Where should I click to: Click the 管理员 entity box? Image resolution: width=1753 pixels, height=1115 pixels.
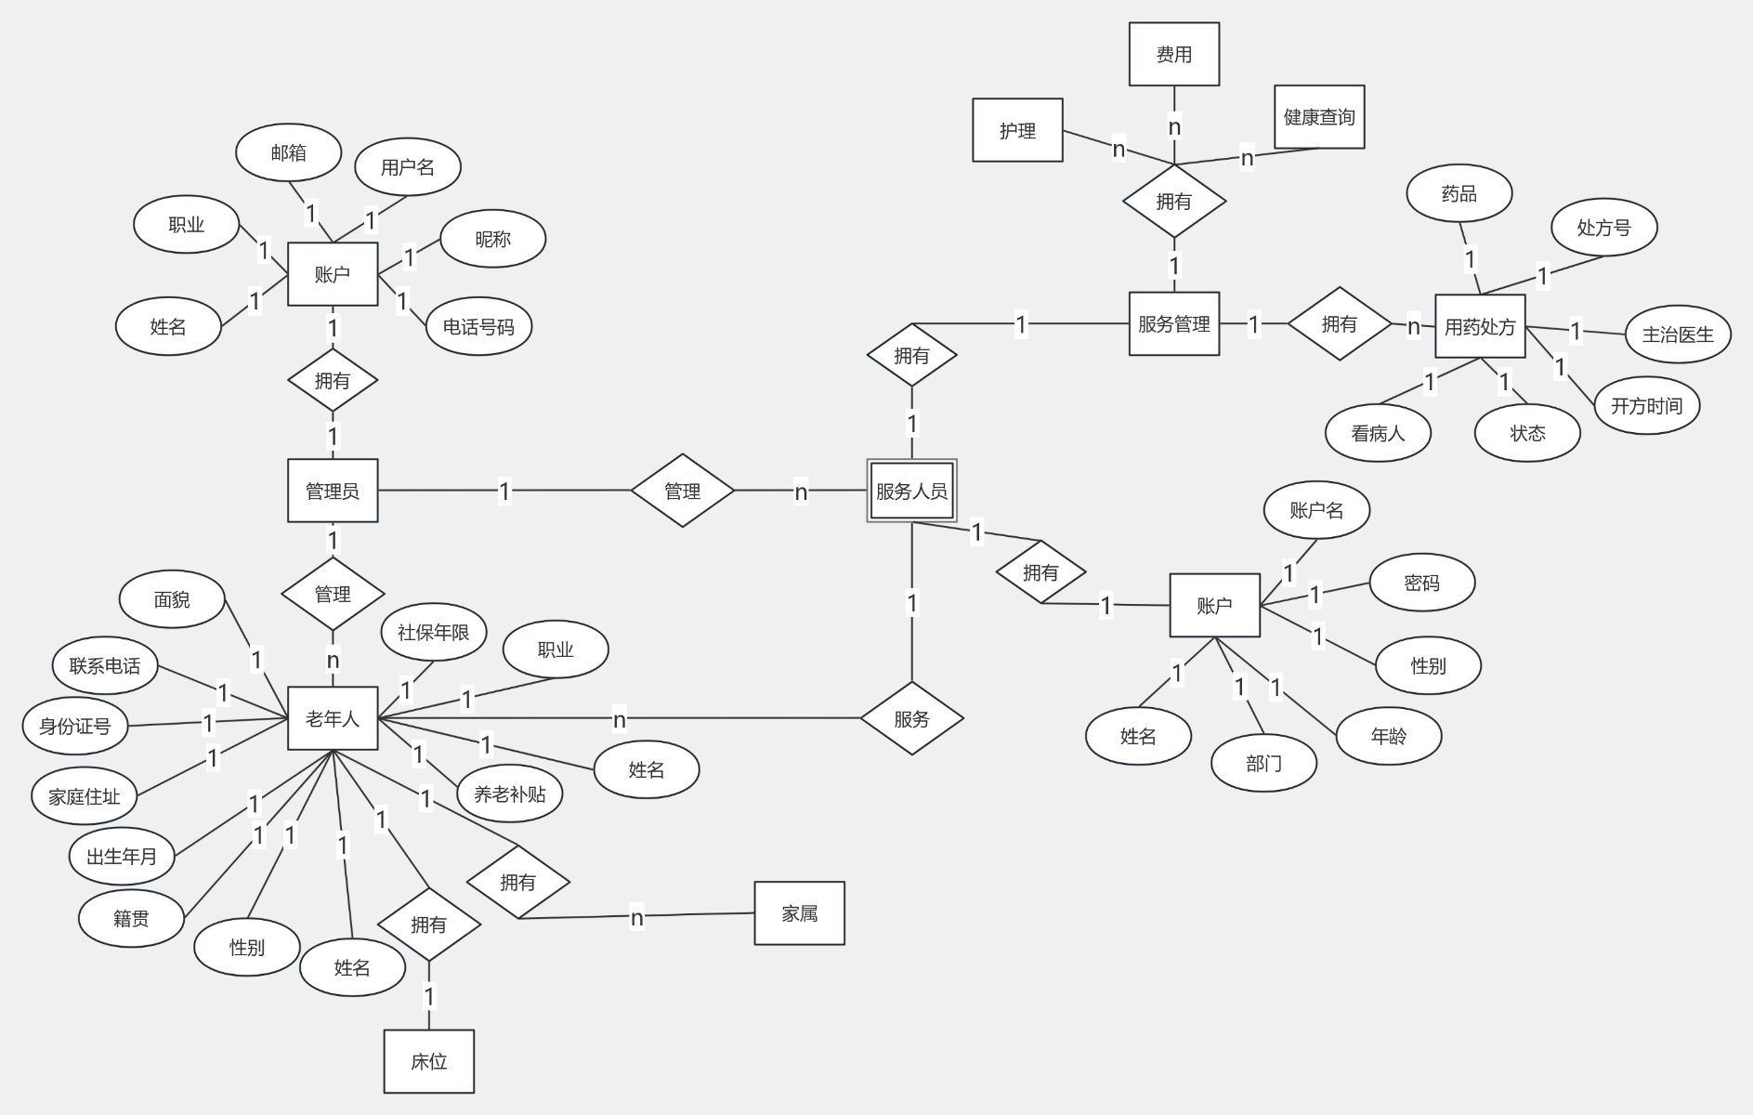pos(333,491)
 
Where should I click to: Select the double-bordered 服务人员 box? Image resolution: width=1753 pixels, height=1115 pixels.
pos(911,491)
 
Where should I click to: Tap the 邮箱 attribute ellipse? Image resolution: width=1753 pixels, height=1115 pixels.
pos(289,153)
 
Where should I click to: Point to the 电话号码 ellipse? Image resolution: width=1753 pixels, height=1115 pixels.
pos(478,327)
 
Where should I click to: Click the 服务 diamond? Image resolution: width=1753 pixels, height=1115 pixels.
pos(911,718)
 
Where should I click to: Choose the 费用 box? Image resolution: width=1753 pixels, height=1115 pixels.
pos(1173,55)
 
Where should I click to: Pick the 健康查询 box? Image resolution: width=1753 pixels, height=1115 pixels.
pos(1319,117)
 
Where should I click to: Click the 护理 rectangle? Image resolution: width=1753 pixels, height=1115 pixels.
pos(1017,131)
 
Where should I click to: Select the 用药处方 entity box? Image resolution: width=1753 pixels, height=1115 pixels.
pos(1480,327)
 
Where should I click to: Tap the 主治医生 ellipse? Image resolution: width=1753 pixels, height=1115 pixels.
pos(1678,334)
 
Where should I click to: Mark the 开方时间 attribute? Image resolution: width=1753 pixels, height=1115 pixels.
pos(1646,406)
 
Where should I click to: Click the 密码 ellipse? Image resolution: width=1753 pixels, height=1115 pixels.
pos(1421,584)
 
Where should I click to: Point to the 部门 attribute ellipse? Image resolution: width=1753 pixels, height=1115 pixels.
pos(1263,764)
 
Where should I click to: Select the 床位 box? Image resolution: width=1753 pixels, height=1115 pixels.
pos(428,1061)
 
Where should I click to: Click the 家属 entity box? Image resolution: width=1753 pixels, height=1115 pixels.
pos(799,913)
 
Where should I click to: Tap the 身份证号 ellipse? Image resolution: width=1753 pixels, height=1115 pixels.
pos(75,726)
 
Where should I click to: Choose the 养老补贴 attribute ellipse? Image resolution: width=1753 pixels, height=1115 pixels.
pos(509,794)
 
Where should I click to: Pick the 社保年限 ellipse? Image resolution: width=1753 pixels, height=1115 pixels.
pos(434,633)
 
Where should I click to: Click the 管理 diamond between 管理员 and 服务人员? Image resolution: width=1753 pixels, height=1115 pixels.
pos(682,491)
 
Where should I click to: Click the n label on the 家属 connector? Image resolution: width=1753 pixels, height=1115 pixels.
pos(636,918)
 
